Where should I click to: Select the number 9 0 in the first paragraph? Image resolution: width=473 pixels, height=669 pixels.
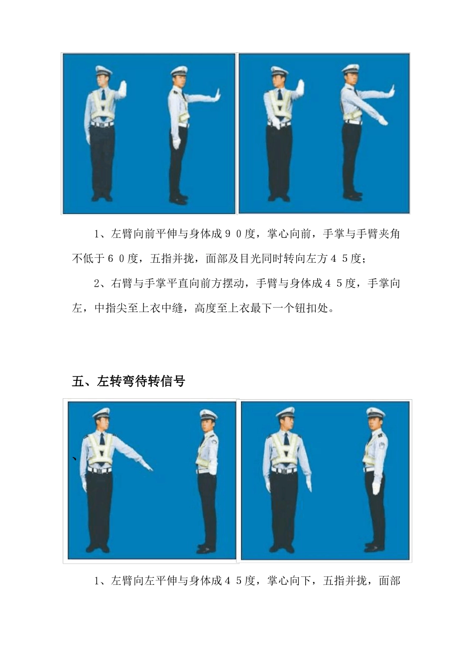233,233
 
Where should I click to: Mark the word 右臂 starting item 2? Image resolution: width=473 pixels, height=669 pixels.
121,283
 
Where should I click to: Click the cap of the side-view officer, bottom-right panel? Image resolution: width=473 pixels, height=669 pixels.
375,413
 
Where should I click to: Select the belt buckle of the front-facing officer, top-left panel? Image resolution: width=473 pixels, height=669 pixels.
102,124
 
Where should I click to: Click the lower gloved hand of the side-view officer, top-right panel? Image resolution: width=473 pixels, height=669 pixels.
382,120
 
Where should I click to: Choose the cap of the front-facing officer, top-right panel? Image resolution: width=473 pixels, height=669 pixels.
279,71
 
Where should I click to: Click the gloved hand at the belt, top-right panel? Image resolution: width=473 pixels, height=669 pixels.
275,124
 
